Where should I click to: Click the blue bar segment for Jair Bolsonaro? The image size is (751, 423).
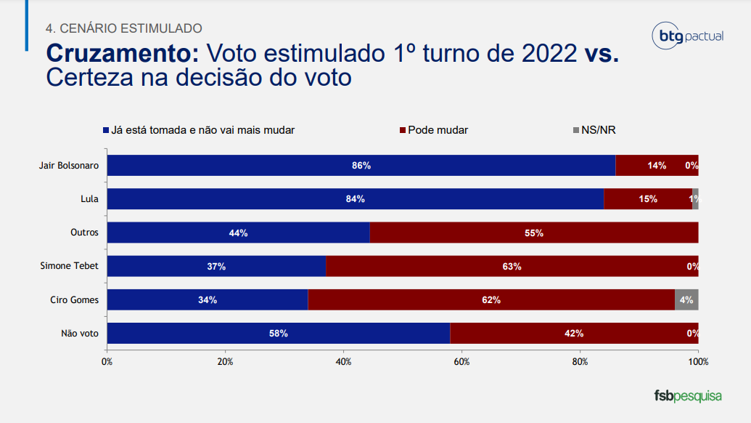[361, 165]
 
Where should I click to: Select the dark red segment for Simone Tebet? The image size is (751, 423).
[512, 266]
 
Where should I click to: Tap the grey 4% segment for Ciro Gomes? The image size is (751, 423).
[686, 299]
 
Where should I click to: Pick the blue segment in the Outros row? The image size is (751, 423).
[238, 233]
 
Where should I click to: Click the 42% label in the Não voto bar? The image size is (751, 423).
[574, 334]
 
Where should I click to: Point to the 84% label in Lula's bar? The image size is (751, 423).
[355, 199]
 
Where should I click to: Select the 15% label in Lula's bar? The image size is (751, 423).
[648, 199]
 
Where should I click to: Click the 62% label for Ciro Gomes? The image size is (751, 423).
[491, 299]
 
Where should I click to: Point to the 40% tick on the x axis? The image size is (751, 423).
[343, 361]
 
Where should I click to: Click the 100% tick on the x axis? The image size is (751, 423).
[698, 361]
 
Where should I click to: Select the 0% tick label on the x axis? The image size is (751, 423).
[107, 361]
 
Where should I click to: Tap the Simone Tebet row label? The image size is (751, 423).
[69, 266]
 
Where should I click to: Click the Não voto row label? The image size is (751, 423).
[80, 334]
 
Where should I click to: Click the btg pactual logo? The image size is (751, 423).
[688, 36]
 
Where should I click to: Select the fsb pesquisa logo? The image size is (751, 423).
[688, 396]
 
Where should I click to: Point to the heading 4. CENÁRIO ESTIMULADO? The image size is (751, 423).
[123, 28]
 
